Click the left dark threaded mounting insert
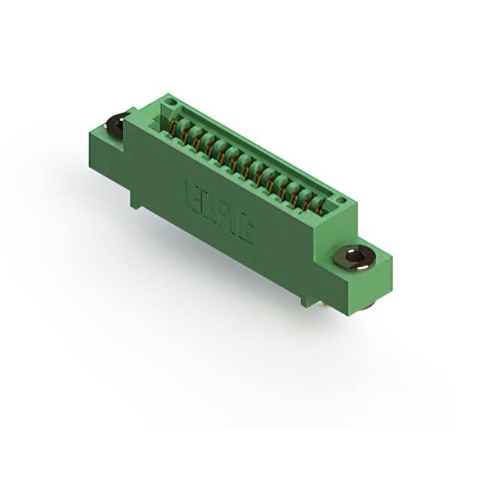pos(117,127)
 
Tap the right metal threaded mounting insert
pos(358,259)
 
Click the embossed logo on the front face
pos(218,212)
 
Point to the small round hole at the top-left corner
pos(172,101)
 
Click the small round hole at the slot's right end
pos(340,200)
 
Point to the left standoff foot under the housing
pos(136,199)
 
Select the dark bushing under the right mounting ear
pos(372,304)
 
